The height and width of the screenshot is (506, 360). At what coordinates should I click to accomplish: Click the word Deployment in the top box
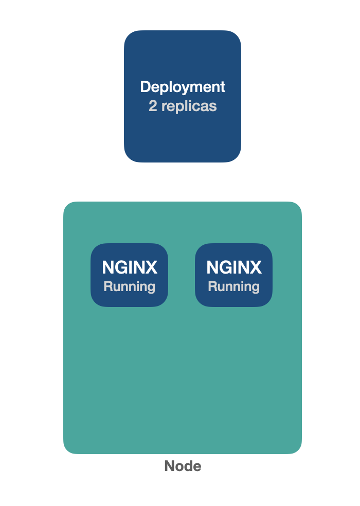click(x=183, y=87)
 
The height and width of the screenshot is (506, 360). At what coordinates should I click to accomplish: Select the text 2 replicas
click(x=183, y=106)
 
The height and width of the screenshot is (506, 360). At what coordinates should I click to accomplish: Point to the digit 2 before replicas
click(x=153, y=106)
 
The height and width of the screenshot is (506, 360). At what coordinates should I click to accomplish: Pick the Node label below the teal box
click(x=183, y=466)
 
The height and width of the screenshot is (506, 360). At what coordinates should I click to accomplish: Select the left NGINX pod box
click(x=129, y=275)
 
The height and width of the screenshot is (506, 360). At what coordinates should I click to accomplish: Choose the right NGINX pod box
click(x=233, y=275)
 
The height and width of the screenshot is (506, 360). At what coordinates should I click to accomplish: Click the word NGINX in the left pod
click(x=129, y=267)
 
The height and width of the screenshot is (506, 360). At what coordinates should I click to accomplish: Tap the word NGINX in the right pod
click(x=233, y=267)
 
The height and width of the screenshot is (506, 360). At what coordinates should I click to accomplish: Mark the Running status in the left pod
click(x=129, y=286)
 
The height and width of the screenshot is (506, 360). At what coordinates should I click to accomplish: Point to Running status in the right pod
click(x=233, y=286)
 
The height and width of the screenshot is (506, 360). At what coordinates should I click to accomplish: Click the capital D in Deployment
click(x=145, y=87)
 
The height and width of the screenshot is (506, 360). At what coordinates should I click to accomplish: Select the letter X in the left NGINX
click(x=151, y=267)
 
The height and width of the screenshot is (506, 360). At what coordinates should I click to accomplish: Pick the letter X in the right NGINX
click(x=256, y=267)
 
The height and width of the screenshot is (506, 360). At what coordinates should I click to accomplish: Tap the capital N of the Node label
click(x=169, y=466)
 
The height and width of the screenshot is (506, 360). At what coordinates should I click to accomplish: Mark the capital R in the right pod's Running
click(x=212, y=286)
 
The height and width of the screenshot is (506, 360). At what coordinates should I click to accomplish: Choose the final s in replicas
click(x=213, y=106)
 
